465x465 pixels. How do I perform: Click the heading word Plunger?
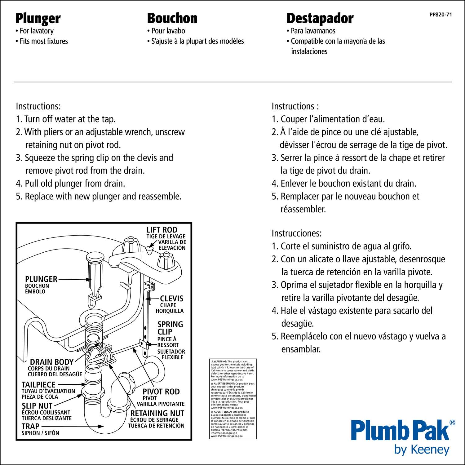(38, 19)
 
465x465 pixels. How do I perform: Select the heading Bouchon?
(172, 18)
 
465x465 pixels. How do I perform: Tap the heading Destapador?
(320, 19)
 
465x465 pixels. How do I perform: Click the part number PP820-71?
(440, 15)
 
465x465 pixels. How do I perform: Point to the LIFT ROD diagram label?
(162, 230)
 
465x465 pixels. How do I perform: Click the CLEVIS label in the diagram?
(171, 299)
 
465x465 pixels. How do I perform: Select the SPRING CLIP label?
(170, 328)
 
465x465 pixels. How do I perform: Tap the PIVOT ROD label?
(161, 392)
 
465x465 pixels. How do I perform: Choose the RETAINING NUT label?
(157, 414)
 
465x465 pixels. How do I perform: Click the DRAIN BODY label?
(51, 362)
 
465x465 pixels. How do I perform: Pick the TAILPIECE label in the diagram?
(38, 385)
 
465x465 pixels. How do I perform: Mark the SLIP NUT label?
(37, 406)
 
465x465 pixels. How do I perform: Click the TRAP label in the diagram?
(30, 427)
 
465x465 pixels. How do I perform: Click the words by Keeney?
(422, 449)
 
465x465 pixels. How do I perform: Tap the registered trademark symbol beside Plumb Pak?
(452, 422)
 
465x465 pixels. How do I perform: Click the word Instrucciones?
(296, 233)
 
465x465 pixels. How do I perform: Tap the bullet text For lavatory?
(36, 31)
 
